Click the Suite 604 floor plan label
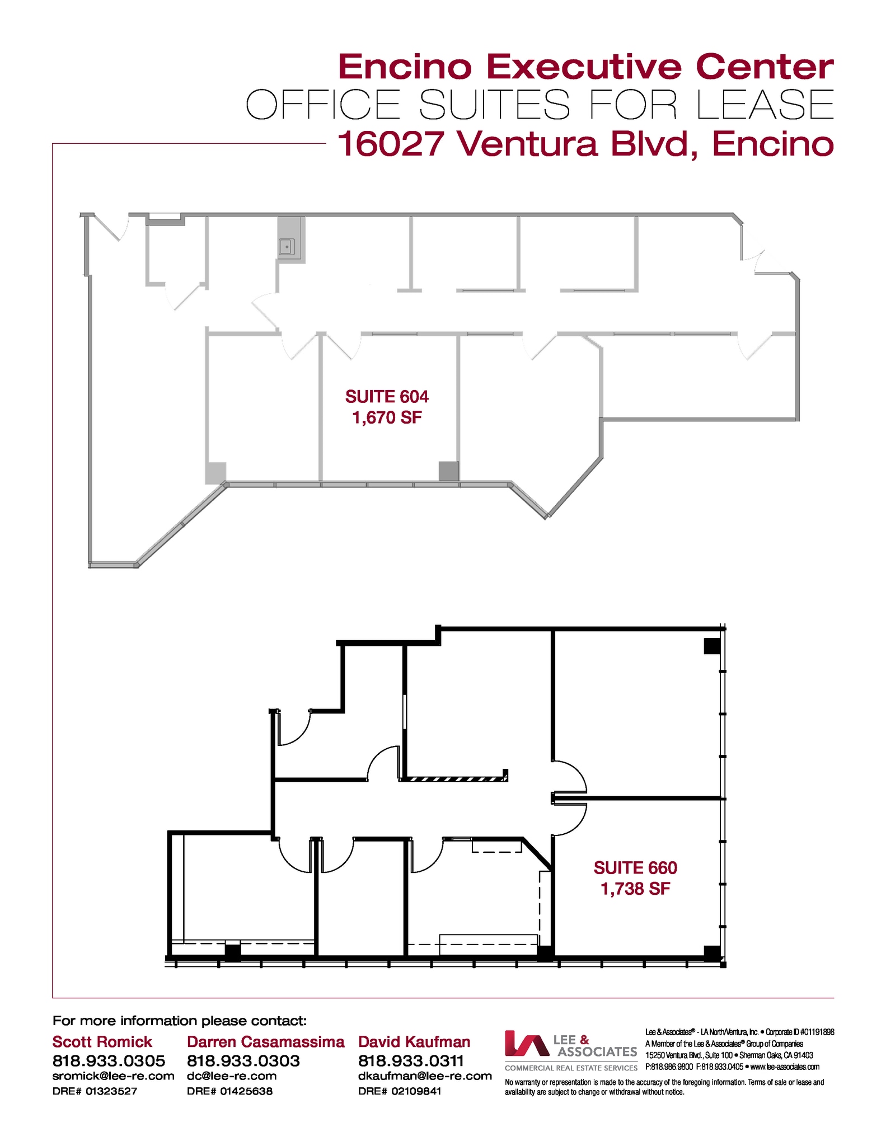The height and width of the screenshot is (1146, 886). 387,397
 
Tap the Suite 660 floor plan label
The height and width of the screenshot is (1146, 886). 635,868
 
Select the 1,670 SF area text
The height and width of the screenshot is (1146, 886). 387,417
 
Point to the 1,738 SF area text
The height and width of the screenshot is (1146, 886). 635,889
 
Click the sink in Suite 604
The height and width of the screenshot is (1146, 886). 287,246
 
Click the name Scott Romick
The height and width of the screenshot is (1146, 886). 102,1042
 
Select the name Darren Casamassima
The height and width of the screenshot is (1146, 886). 265,1042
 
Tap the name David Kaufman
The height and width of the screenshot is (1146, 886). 414,1042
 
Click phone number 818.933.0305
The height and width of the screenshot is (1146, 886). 109,1061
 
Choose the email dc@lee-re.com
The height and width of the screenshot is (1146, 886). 231,1076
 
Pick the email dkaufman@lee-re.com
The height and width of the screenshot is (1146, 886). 425,1076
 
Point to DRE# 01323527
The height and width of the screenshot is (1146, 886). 95,1091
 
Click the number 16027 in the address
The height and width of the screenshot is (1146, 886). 391,144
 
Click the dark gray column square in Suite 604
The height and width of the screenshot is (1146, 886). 448,471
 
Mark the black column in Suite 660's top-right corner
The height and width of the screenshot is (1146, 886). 711,646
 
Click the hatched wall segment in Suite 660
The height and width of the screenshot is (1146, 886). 454,778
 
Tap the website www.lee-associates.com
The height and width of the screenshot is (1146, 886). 785,1067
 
